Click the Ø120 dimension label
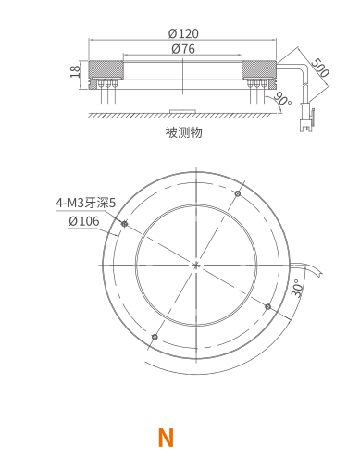[x=183, y=33]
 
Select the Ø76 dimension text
[x=183, y=49]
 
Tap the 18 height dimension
[x=75, y=71]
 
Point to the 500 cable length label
[x=320, y=68]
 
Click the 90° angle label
[x=282, y=98]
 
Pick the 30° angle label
[x=296, y=288]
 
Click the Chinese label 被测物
[x=184, y=132]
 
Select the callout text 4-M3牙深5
[x=85, y=203]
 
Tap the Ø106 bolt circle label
[x=84, y=221]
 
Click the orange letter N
[x=166, y=438]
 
